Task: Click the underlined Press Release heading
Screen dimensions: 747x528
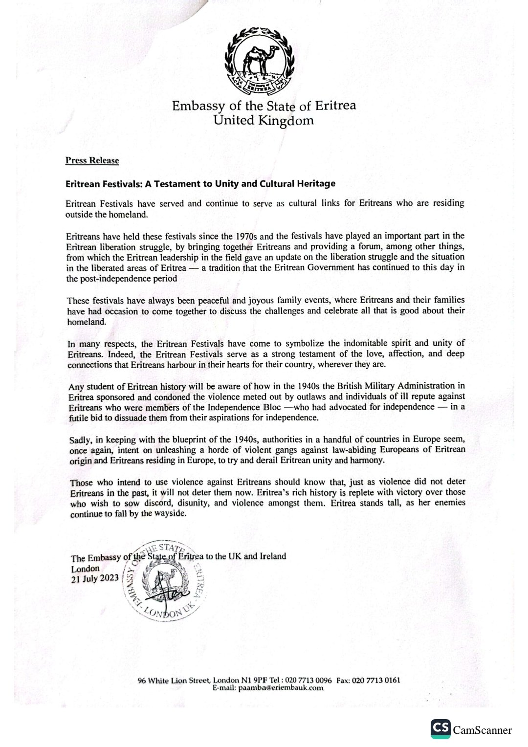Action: tap(92, 160)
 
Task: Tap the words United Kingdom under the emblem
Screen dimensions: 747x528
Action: tap(264, 120)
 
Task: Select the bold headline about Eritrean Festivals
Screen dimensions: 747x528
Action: tap(200, 184)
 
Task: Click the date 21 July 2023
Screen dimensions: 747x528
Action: tap(95, 578)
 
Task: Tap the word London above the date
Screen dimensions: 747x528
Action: tap(85, 568)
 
